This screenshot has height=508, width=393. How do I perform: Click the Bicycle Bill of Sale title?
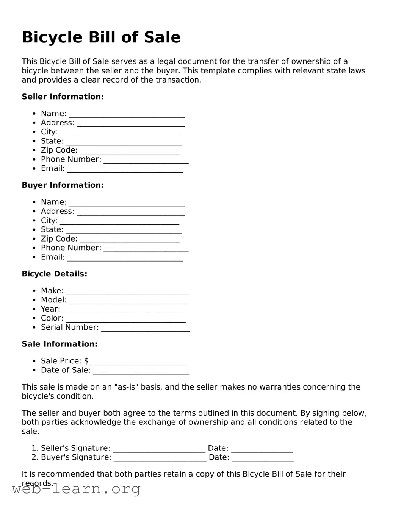tap(101, 37)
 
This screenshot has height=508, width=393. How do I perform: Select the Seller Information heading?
tap(63, 97)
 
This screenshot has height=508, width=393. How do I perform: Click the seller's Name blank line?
tap(127, 114)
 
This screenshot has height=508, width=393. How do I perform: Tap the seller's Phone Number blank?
tap(146, 160)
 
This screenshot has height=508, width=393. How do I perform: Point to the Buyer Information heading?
tap(63, 185)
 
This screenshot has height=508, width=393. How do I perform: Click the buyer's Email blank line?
tap(125, 258)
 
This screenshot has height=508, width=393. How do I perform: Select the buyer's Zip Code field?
tap(130, 240)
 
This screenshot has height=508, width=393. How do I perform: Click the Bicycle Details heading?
tap(54, 274)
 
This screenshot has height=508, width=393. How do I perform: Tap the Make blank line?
tap(127, 291)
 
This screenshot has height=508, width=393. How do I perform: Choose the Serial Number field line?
tap(146, 328)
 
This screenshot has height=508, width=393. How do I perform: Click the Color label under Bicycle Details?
tap(52, 318)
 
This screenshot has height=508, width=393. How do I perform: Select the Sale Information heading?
tap(59, 344)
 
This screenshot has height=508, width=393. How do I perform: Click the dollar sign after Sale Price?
tap(86, 361)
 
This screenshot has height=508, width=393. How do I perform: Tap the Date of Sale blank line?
tap(141, 371)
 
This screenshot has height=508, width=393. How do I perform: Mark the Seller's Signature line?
tap(159, 449)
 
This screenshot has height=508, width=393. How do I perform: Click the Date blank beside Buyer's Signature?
tap(262, 458)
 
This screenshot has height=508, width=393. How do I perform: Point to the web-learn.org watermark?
tap(76, 489)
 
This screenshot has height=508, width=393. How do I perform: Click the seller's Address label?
tap(57, 123)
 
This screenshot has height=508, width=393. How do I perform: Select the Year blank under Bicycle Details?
tap(124, 310)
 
